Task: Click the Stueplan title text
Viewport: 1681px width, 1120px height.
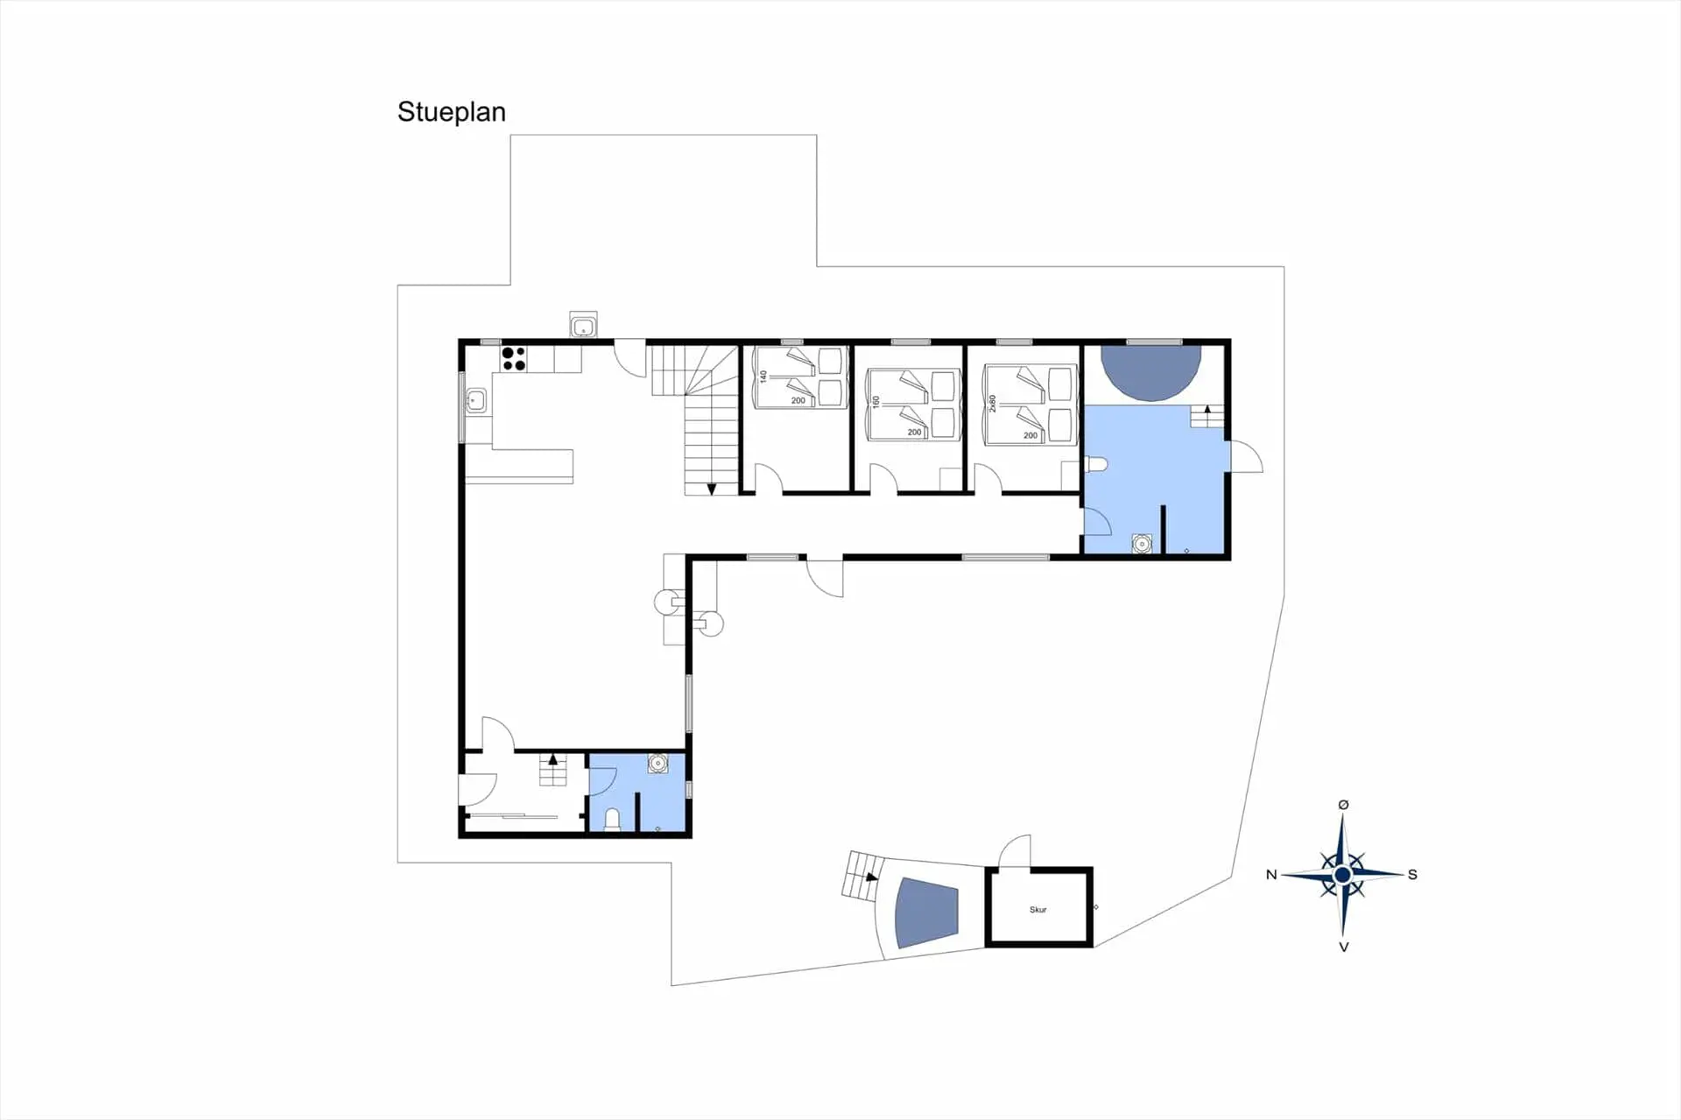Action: click(451, 112)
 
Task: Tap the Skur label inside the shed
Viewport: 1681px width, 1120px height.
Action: click(1038, 910)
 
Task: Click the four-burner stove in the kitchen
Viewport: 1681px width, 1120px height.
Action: click(514, 359)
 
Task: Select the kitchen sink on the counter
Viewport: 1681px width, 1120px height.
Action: click(475, 400)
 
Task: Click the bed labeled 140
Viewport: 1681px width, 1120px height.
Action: click(798, 377)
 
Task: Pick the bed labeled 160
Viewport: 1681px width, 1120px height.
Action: click(911, 405)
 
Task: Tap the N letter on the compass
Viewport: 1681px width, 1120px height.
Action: click(1271, 875)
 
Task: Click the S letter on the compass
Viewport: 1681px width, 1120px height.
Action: click(1412, 875)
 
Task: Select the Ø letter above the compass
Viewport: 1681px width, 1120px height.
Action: click(1344, 805)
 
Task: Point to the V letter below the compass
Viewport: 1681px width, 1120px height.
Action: click(1344, 947)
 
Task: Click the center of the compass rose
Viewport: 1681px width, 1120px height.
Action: click(1343, 875)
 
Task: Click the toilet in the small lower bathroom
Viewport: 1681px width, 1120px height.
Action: click(612, 819)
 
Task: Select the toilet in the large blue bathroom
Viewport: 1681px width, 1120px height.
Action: click(1096, 464)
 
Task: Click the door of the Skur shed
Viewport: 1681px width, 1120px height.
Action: click(1016, 851)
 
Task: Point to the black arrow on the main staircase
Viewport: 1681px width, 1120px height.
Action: click(711, 489)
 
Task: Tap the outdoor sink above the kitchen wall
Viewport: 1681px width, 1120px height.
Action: click(583, 326)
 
